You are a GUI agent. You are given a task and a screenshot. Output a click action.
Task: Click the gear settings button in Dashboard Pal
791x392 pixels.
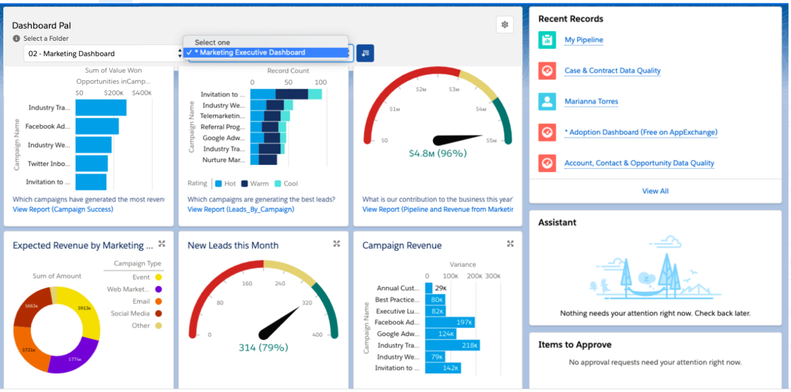(x=505, y=25)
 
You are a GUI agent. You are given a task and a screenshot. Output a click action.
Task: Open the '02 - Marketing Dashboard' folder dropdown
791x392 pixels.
(x=103, y=54)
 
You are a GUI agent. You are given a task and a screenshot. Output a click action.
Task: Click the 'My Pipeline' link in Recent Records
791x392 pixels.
(x=583, y=40)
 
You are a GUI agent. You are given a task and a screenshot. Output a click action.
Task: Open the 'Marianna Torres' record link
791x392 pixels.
(x=591, y=101)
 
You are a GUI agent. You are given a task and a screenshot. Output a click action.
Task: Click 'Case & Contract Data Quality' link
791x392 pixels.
(x=612, y=71)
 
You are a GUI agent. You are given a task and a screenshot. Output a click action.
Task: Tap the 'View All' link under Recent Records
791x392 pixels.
(x=655, y=191)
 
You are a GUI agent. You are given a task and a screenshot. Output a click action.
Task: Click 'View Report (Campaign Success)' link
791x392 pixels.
(x=63, y=209)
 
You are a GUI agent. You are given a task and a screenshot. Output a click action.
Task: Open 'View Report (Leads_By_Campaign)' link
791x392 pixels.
(x=241, y=209)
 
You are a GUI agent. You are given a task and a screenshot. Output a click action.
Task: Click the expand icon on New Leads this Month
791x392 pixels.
(x=337, y=244)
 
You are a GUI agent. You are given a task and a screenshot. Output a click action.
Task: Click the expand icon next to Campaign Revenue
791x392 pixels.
(x=510, y=244)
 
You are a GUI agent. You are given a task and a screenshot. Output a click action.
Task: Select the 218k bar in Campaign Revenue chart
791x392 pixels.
(x=452, y=345)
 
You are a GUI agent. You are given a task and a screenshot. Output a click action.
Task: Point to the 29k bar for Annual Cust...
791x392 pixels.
(x=429, y=288)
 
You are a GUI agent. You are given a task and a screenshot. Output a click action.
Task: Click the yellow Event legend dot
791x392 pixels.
(x=159, y=277)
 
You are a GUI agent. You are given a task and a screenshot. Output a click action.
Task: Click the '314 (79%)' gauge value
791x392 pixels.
(x=263, y=348)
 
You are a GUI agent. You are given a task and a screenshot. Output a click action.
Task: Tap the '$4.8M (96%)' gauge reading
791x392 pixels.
(x=437, y=153)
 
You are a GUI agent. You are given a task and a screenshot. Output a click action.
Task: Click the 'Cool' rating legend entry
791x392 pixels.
(x=286, y=183)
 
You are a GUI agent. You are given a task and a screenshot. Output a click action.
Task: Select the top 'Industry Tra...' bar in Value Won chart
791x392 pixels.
(x=100, y=108)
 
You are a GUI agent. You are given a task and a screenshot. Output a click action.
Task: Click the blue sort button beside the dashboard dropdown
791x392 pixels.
(x=365, y=54)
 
